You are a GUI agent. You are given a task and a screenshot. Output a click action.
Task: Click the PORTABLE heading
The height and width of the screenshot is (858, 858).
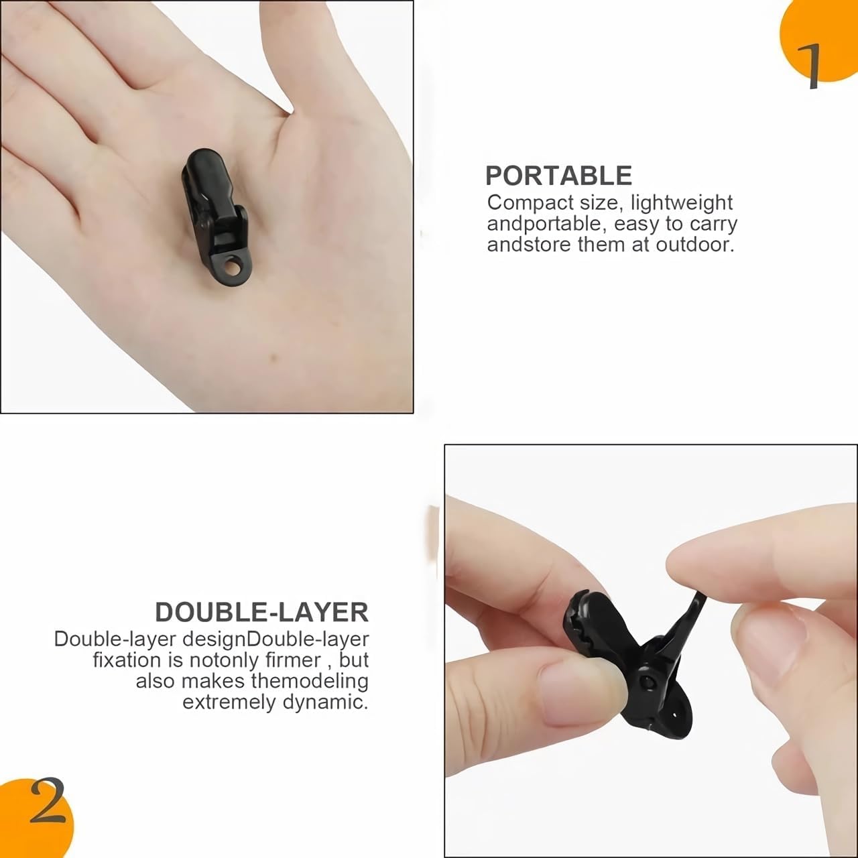click(x=558, y=176)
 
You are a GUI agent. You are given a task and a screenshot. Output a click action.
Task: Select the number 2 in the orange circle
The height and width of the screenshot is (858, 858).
click(x=48, y=814)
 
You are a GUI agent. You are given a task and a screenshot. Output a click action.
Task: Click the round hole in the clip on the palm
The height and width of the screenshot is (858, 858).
click(x=231, y=268)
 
